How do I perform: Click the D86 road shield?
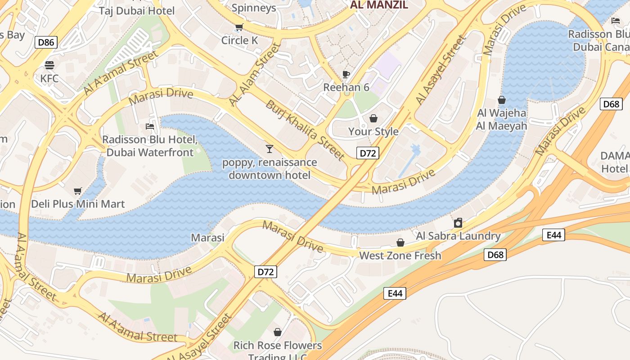click(46, 43)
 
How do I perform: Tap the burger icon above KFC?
click(49, 65)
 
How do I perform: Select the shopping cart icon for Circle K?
click(239, 27)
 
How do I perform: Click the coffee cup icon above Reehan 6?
click(346, 74)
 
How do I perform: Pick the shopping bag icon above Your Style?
click(373, 118)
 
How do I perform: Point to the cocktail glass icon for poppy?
click(269, 148)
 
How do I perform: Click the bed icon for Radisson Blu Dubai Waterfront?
click(150, 126)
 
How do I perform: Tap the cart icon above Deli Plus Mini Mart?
click(78, 191)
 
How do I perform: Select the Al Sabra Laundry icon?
click(458, 223)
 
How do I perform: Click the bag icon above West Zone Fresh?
click(400, 243)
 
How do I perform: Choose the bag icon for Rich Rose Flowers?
click(278, 332)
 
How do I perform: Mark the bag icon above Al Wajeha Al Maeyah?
click(501, 100)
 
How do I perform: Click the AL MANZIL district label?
click(379, 5)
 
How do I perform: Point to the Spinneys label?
click(254, 8)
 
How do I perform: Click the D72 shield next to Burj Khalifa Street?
click(368, 153)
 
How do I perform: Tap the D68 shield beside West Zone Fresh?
click(495, 255)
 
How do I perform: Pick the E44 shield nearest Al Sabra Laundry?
click(553, 234)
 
